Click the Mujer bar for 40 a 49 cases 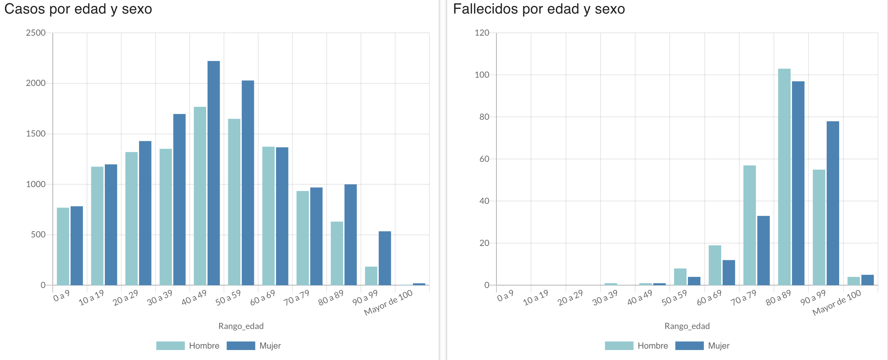point(214,173)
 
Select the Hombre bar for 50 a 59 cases point(234,202)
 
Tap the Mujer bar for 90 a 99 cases point(385,258)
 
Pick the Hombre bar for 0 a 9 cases point(63,246)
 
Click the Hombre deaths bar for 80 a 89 point(784,177)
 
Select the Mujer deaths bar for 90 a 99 point(833,203)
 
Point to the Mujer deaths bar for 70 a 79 point(764,250)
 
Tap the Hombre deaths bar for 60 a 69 point(715,265)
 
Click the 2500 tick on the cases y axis point(36,33)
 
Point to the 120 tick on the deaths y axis point(482,33)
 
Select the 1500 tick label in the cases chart point(36,134)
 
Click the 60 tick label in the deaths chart point(484,159)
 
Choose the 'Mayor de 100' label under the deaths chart point(837,302)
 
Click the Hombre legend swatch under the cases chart point(170,346)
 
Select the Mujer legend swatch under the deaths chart point(689,346)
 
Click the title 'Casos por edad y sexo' point(78,9)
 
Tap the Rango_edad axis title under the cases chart point(241,326)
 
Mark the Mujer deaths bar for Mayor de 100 point(867,280)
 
